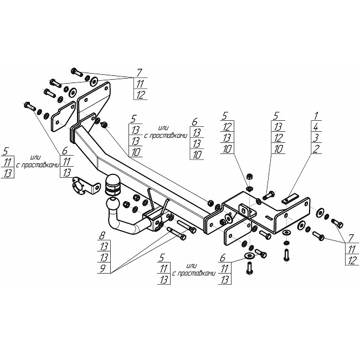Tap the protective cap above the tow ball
(113, 184)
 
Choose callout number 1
(316, 116)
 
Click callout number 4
(316, 127)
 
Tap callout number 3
(316, 138)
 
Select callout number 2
(316, 149)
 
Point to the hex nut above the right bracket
(249, 177)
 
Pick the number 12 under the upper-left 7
(140, 94)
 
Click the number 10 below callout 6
(197, 155)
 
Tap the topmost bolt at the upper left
(77, 72)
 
